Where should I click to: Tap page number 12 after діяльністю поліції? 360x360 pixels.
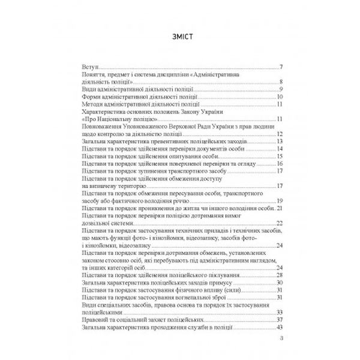[x=280, y=134]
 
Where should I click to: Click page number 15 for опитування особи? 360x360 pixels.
[x=280, y=156]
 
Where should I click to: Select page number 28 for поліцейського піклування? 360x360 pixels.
[x=280, y=274]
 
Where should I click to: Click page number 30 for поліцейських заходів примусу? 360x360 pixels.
[x=280, y=282]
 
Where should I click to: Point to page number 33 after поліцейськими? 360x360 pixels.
[x=280, y=312]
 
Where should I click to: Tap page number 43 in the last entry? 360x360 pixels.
[x=280, y=326]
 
